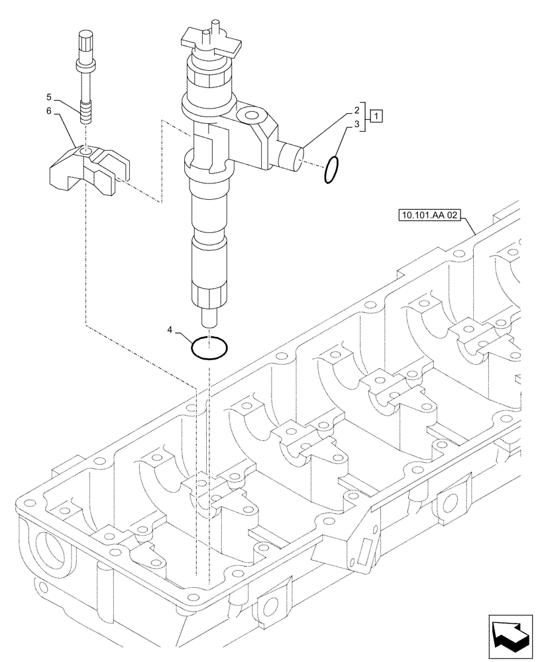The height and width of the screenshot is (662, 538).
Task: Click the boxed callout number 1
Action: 376,117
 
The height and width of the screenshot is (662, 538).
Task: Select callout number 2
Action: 356,110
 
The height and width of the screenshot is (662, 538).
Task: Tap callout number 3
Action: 356,124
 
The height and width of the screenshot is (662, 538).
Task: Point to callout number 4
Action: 171,329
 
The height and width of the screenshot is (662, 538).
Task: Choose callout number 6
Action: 49,113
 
